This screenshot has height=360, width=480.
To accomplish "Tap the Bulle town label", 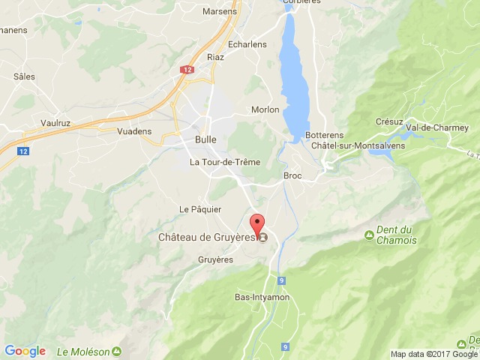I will (205, 139).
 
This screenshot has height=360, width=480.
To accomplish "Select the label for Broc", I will (292, 175).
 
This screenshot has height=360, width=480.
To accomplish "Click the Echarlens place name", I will (247, 43).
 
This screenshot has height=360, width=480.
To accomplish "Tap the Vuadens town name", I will (134, 131).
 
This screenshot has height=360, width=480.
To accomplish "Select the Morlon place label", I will (265, 109).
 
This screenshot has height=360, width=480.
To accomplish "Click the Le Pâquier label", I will (200, 208).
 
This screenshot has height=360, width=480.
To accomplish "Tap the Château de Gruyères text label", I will (207, 238).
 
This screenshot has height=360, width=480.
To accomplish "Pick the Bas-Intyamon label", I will (262, 298).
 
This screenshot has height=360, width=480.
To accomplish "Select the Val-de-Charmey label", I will (435, 127).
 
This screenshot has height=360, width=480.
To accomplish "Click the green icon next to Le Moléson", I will (117, 351).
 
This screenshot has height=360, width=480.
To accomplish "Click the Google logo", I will (25, 351).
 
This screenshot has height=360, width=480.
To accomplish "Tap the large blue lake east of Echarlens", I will (294, 75).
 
